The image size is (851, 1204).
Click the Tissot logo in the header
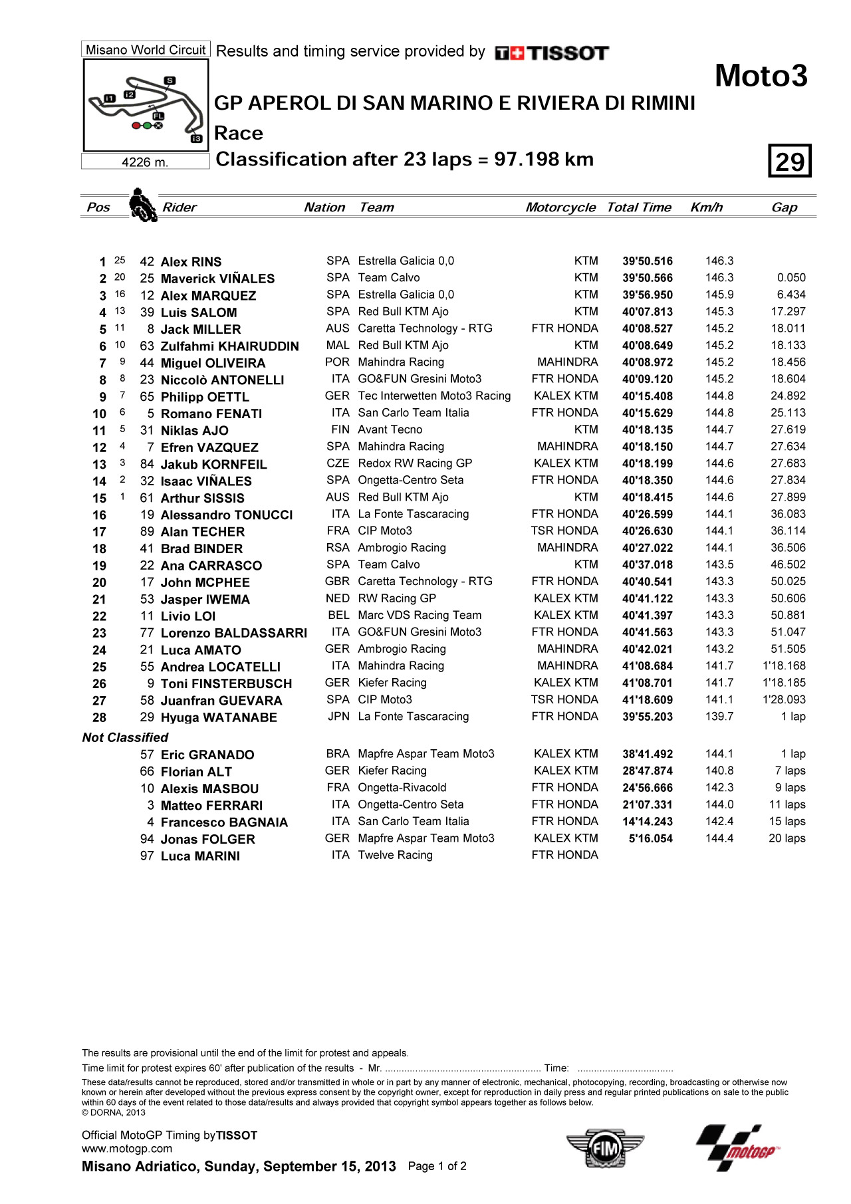(552, 53)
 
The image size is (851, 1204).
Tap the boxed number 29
(790, 161)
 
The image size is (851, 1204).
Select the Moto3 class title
(761, 76)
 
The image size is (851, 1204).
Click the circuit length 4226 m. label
(145, 162)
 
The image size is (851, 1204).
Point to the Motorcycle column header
(560, 207)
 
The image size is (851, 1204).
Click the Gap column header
(784, 207)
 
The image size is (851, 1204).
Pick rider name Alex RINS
(191, 262)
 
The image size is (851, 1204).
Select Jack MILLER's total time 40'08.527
(647, 329)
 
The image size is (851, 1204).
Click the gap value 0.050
(790, 278)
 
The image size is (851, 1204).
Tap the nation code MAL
(338, 346)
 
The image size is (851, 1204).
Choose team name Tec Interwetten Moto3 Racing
(434, 396)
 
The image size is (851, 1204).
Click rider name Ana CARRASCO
(211, 566)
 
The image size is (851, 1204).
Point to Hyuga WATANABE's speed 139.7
(719, 717)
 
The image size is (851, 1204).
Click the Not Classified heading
(125, 737)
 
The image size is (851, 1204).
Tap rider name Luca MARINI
(200, 856)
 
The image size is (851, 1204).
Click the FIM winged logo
(605, 1147)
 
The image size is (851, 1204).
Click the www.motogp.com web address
(127, 1149)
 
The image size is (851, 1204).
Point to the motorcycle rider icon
(142, 205)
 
